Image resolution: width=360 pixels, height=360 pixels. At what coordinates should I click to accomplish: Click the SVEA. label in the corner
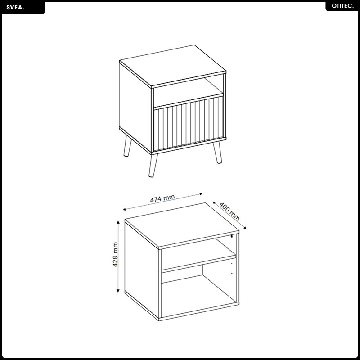click(x=15, y=7)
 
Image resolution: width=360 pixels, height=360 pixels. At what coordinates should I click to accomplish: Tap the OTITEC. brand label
click(x=342, y=6)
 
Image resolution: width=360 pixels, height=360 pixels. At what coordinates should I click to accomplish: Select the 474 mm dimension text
click(x=162, y=198)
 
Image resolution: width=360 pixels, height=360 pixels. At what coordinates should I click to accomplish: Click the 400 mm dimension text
click(x=229, y=211)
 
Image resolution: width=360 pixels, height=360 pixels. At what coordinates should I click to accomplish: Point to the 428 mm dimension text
click(x=115, y=254)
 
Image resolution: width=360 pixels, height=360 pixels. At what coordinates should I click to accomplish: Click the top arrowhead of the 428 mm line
click(x=118, y=222)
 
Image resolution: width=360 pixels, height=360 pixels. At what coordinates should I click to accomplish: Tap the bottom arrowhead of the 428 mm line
click(x=118, y=290)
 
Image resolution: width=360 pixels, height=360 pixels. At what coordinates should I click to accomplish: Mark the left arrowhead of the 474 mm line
click(x=125, y=209)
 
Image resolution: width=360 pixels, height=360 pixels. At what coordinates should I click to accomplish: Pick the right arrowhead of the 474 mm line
click(x=201, y=194)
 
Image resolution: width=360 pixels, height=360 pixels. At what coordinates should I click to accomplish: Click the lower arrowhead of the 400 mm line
click(x=245, y=227)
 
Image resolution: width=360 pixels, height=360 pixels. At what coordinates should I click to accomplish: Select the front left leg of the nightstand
click(x=153, y=165)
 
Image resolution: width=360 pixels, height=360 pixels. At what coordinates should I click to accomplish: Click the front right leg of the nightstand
click(x=217, y=152)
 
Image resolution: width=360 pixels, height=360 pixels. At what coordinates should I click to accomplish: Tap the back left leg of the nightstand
click(x=127, y=146)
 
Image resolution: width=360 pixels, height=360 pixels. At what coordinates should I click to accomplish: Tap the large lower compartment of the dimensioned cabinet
click(x=199, y=295)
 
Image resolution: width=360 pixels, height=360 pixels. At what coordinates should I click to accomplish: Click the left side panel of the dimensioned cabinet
click(x=142, y=269)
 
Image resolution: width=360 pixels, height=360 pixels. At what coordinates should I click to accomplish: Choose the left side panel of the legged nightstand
click(x=135, y=107)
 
